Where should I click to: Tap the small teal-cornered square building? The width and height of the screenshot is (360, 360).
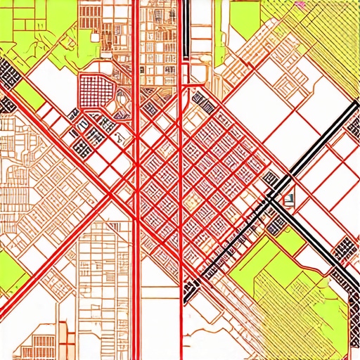287,199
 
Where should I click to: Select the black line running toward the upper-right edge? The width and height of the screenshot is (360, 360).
330,134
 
